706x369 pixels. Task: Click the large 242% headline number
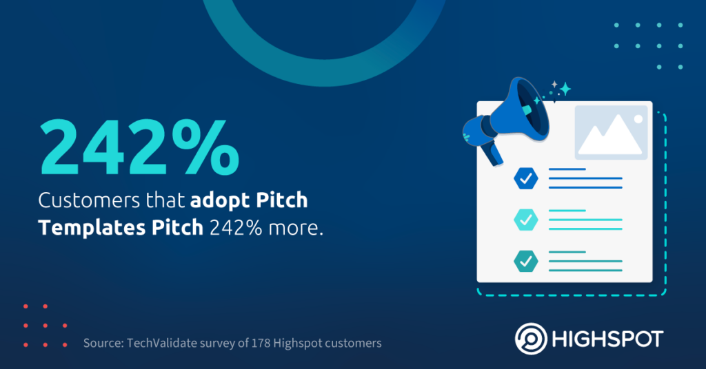[x=139, y=147]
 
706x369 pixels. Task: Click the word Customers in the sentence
[x=89, y=200]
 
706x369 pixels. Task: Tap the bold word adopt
[x=219, y=201]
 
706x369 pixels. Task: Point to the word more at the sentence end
[x=295, y=229]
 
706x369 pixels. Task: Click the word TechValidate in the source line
[x=161, y=344]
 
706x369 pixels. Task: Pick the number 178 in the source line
[x=261, y=344]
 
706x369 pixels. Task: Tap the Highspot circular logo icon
[x=532, y=339]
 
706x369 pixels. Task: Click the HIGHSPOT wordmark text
[x=608, y=339]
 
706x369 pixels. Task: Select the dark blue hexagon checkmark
[x=526, y=178]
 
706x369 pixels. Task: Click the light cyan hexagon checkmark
[x=526, y=220]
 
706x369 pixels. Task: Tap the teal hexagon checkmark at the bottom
[x=526, y=261]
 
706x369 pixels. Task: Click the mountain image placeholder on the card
[x=612, y=133]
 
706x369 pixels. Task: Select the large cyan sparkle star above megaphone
[x=565, y=89]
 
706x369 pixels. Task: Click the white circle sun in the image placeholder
[x=638, y=119]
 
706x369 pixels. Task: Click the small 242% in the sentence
[x=236, y=229]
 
